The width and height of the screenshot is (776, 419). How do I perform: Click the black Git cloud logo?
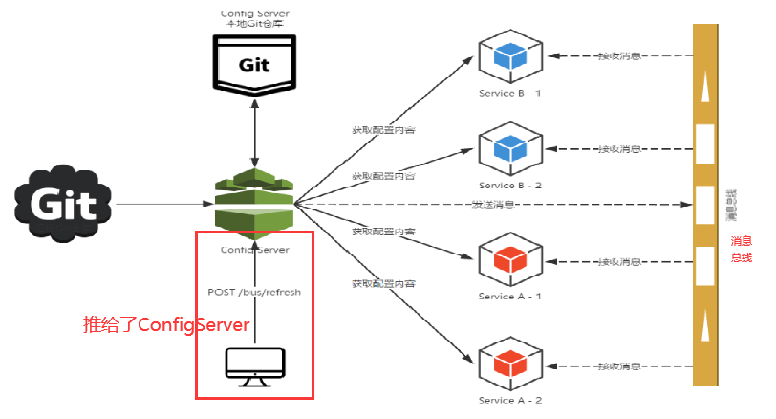click(63, 203)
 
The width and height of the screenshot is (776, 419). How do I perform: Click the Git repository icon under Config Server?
click(254, 63)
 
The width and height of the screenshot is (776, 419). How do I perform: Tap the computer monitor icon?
click(254, 366)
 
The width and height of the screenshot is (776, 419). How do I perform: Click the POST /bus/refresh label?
click(254, 292)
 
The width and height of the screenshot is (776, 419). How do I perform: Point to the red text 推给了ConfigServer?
click(168, 325)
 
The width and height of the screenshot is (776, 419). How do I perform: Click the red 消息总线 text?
click(742, 249)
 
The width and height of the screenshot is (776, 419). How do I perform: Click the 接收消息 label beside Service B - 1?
click(618, 56)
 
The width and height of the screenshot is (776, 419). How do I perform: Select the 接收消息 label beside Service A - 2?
click(618, 366)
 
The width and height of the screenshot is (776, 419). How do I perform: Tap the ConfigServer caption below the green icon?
click(254, 250)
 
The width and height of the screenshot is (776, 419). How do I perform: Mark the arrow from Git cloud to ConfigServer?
click(162, 204)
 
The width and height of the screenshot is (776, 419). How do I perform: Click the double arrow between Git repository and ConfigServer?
click(254, 130)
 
